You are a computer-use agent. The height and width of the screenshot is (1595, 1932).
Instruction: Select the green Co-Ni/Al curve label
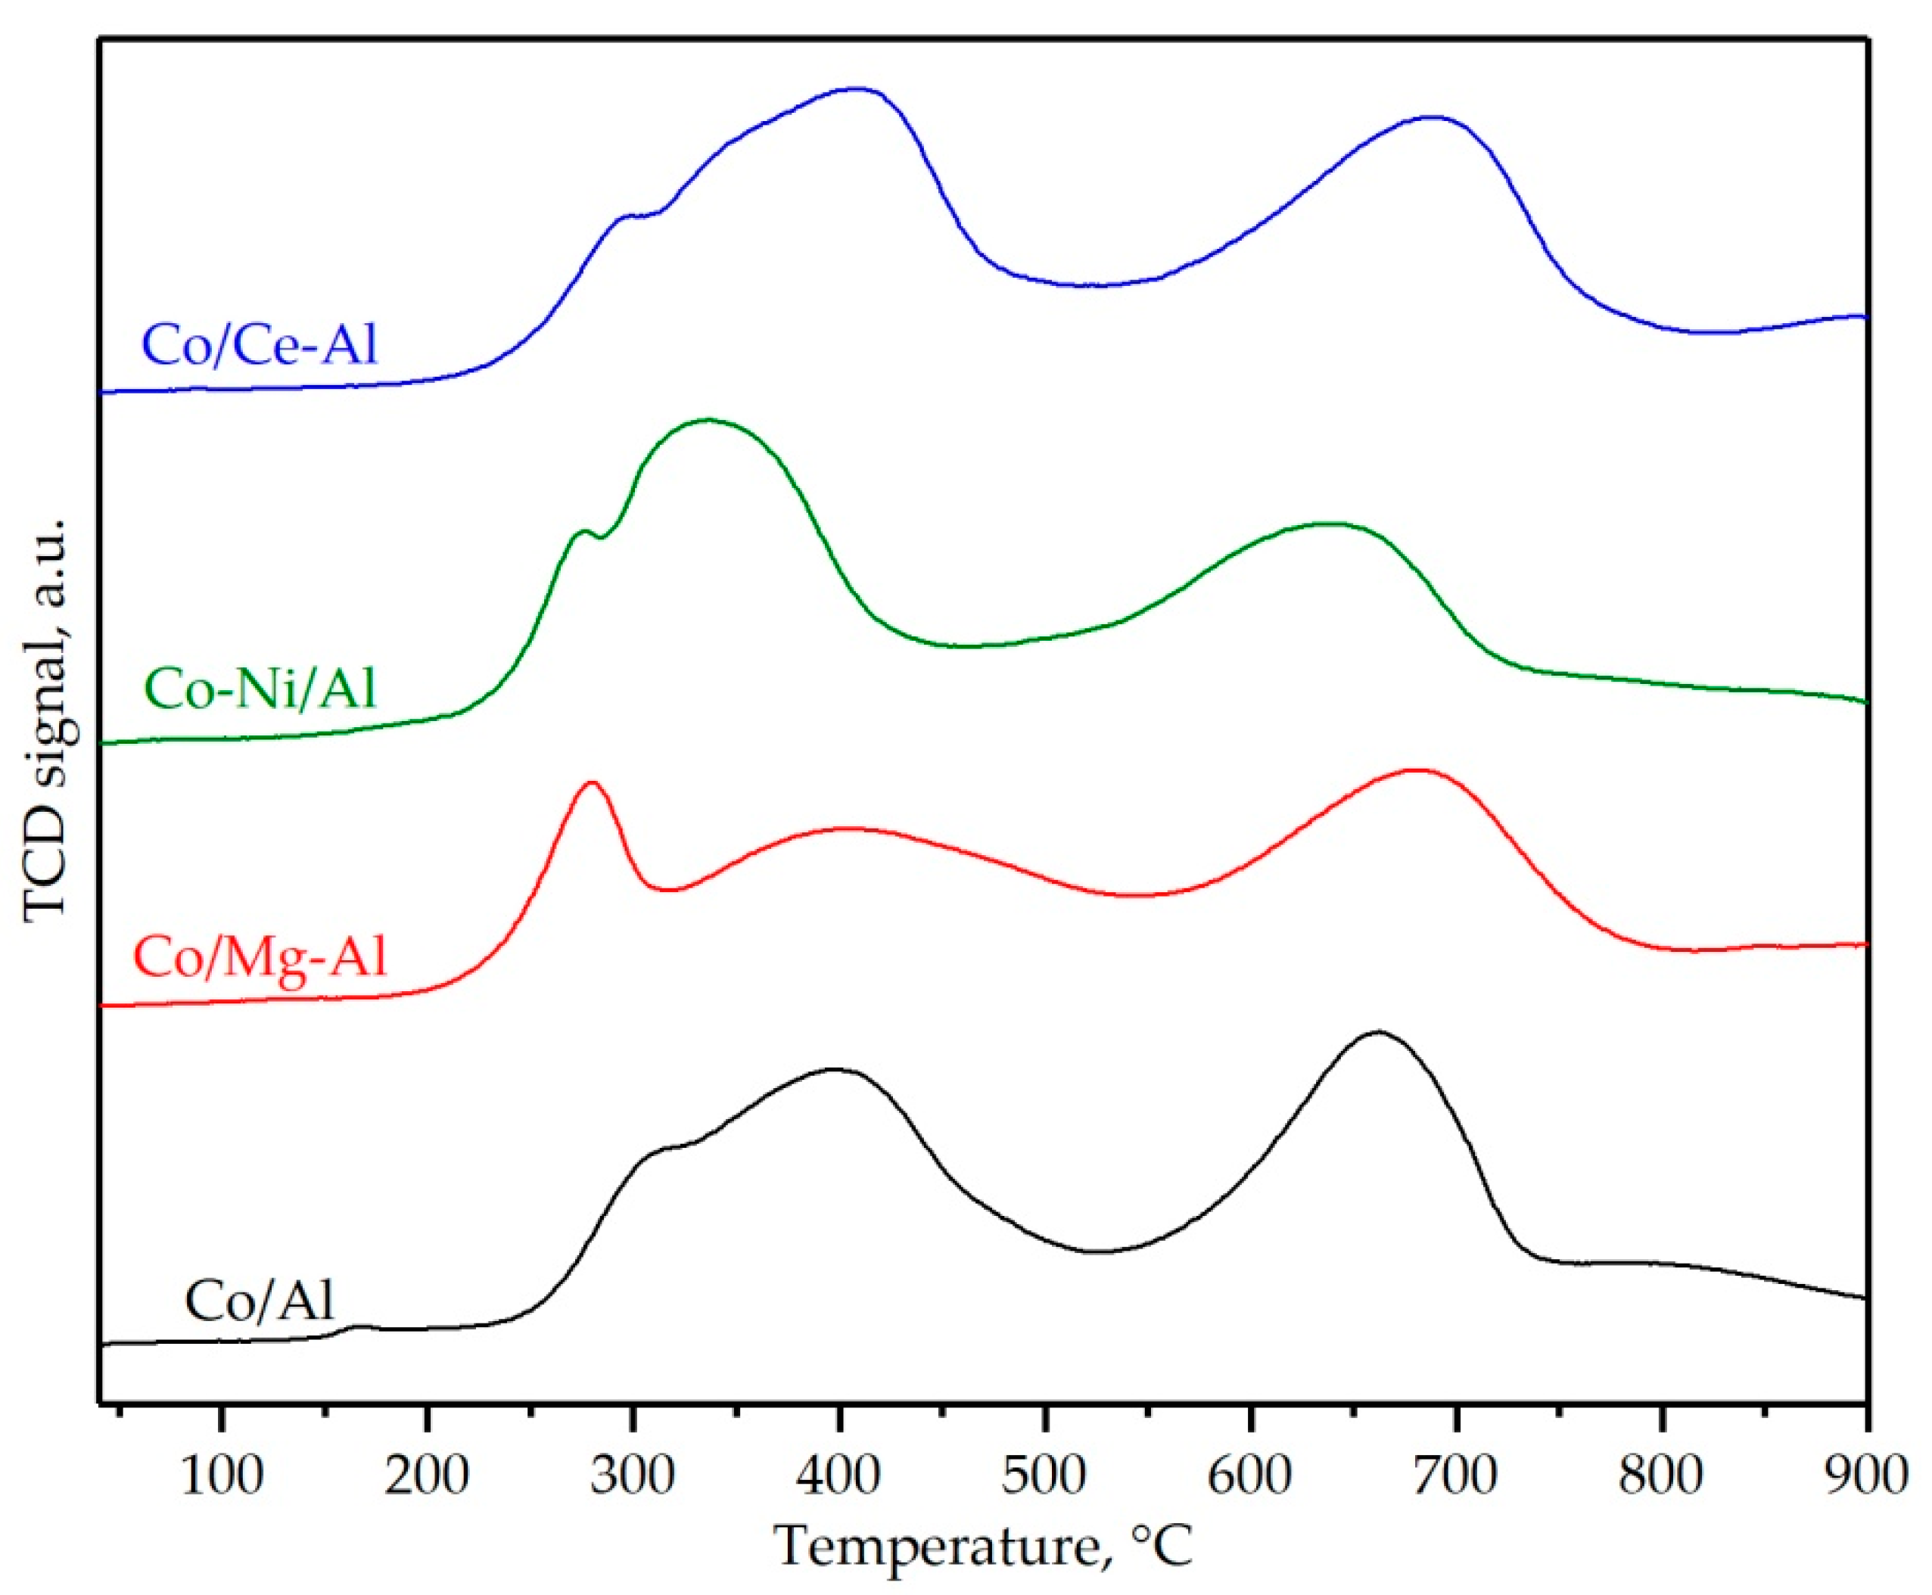(x=261, y=690)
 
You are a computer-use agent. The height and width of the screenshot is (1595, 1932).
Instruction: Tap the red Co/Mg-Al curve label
(x=260, y=958)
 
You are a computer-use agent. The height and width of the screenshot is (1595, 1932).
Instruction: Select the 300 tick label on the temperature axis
(x=633, y=1475)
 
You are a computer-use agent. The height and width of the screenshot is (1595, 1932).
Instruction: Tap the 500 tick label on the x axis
(x=1044, y=1475)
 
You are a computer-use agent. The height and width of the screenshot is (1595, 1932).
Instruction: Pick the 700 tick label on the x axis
(x=1456, y=1475)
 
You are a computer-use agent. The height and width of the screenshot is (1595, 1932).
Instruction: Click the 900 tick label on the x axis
(x=1865, y=1475)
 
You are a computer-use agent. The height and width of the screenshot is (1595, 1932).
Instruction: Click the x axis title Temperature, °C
(x=983, y=1547)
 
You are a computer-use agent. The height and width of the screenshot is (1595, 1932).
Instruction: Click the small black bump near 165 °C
(x=359, y=1326)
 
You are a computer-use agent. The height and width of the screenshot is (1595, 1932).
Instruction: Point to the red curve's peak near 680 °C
(x=1416, y=770)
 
